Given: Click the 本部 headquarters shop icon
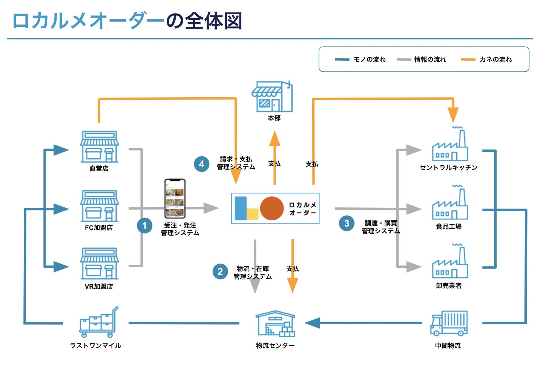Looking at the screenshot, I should [272, 97].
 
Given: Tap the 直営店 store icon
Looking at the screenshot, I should [99, 147].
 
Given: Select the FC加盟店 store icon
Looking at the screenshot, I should [99, 206].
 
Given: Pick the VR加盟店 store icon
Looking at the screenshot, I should [99, 264].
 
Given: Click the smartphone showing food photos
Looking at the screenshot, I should [175, 198].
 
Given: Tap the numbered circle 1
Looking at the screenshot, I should [144, 226].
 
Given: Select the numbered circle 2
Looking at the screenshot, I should [220, 272].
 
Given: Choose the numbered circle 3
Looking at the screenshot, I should [347, 223].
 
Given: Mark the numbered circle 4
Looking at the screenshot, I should [202, 164].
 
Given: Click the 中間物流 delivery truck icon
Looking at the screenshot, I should [449, 323].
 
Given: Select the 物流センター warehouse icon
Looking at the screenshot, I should [275, 323].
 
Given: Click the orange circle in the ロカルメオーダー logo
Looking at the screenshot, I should [271, 208].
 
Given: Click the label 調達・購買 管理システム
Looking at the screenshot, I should [380, 227].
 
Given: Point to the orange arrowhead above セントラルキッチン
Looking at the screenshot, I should [453, 115].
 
